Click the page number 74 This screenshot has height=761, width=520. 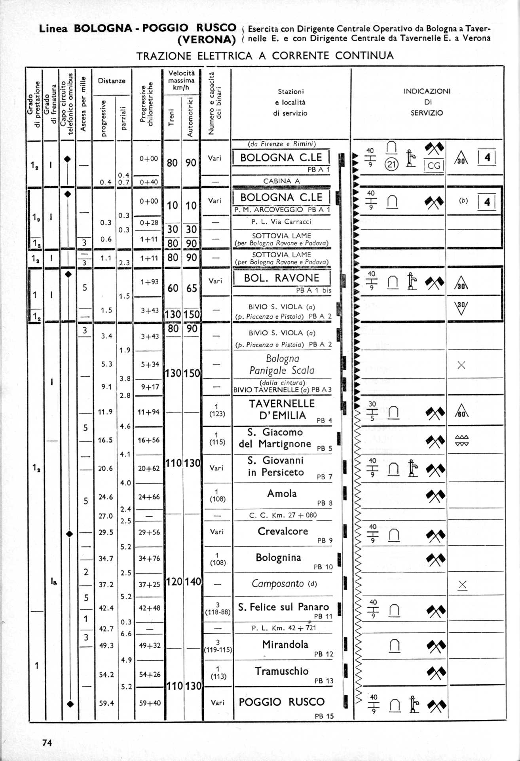click(x=47, y=742)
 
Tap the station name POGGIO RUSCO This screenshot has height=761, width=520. click(x=281, y=702)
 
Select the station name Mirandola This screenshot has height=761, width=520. click(x=285, y=644)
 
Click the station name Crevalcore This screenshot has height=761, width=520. click(x=283, y=531)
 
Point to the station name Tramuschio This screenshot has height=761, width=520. click(x=281, y=671)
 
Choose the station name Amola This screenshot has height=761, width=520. click(x=282, y=493)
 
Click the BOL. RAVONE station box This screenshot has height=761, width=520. click(x=281, y=278)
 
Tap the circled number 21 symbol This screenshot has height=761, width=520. click(x=391, y=164)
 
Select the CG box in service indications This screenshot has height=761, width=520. click(x=434, y=166)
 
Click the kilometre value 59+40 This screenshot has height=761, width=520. click(x=150, y=703)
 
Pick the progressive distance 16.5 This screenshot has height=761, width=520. click(x=105, y=440)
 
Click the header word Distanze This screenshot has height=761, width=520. click(x=112, y=81)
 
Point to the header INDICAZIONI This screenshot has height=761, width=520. click(x=427, y=91)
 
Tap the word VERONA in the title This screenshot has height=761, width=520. click(x=207, y=40)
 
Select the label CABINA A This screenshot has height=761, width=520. click(x=281, y=181)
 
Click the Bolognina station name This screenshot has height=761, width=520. click(x=278, y=557)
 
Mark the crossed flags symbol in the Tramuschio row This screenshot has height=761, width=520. click(x=436, y=672)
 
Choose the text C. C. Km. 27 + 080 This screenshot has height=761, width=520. click(x=283, y=515)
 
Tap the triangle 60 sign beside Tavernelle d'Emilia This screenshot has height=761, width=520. click(x=461, y=412)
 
